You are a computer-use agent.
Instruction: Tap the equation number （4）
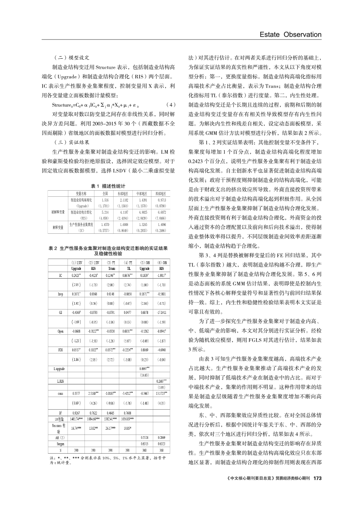pyautogui.click(x=171, y=104)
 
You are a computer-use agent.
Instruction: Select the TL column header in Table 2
pyautogui.click(x=128, y=269)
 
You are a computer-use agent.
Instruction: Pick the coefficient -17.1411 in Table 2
pyautogui.click(x=161, y=312)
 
